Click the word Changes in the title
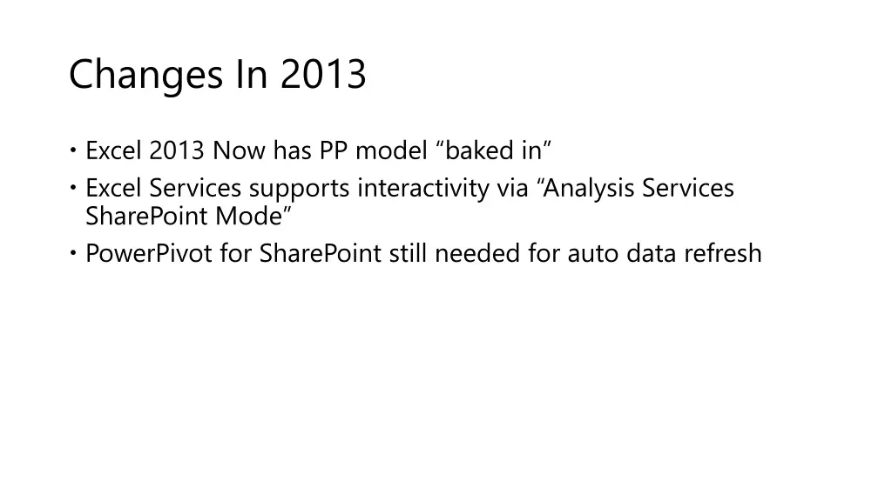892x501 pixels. (144, 75)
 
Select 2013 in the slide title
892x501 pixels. (323, 75)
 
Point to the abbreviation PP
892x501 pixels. (334, 151)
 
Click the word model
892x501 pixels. (392, 151)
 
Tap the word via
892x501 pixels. (512, 188)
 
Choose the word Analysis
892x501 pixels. (591, 188)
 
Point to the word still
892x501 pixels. (409, 253)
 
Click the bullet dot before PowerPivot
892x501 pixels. (74, 253)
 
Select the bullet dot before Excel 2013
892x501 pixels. (74, 151)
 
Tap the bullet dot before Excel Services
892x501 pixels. (74, 188)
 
